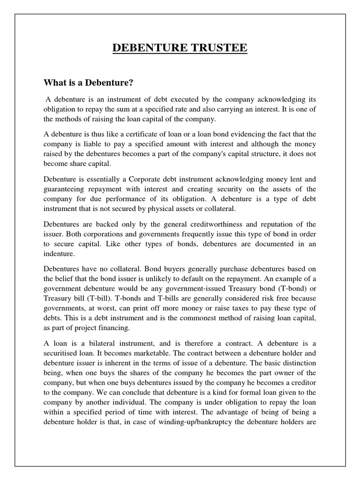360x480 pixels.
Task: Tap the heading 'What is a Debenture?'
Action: [x=89, y=83]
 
